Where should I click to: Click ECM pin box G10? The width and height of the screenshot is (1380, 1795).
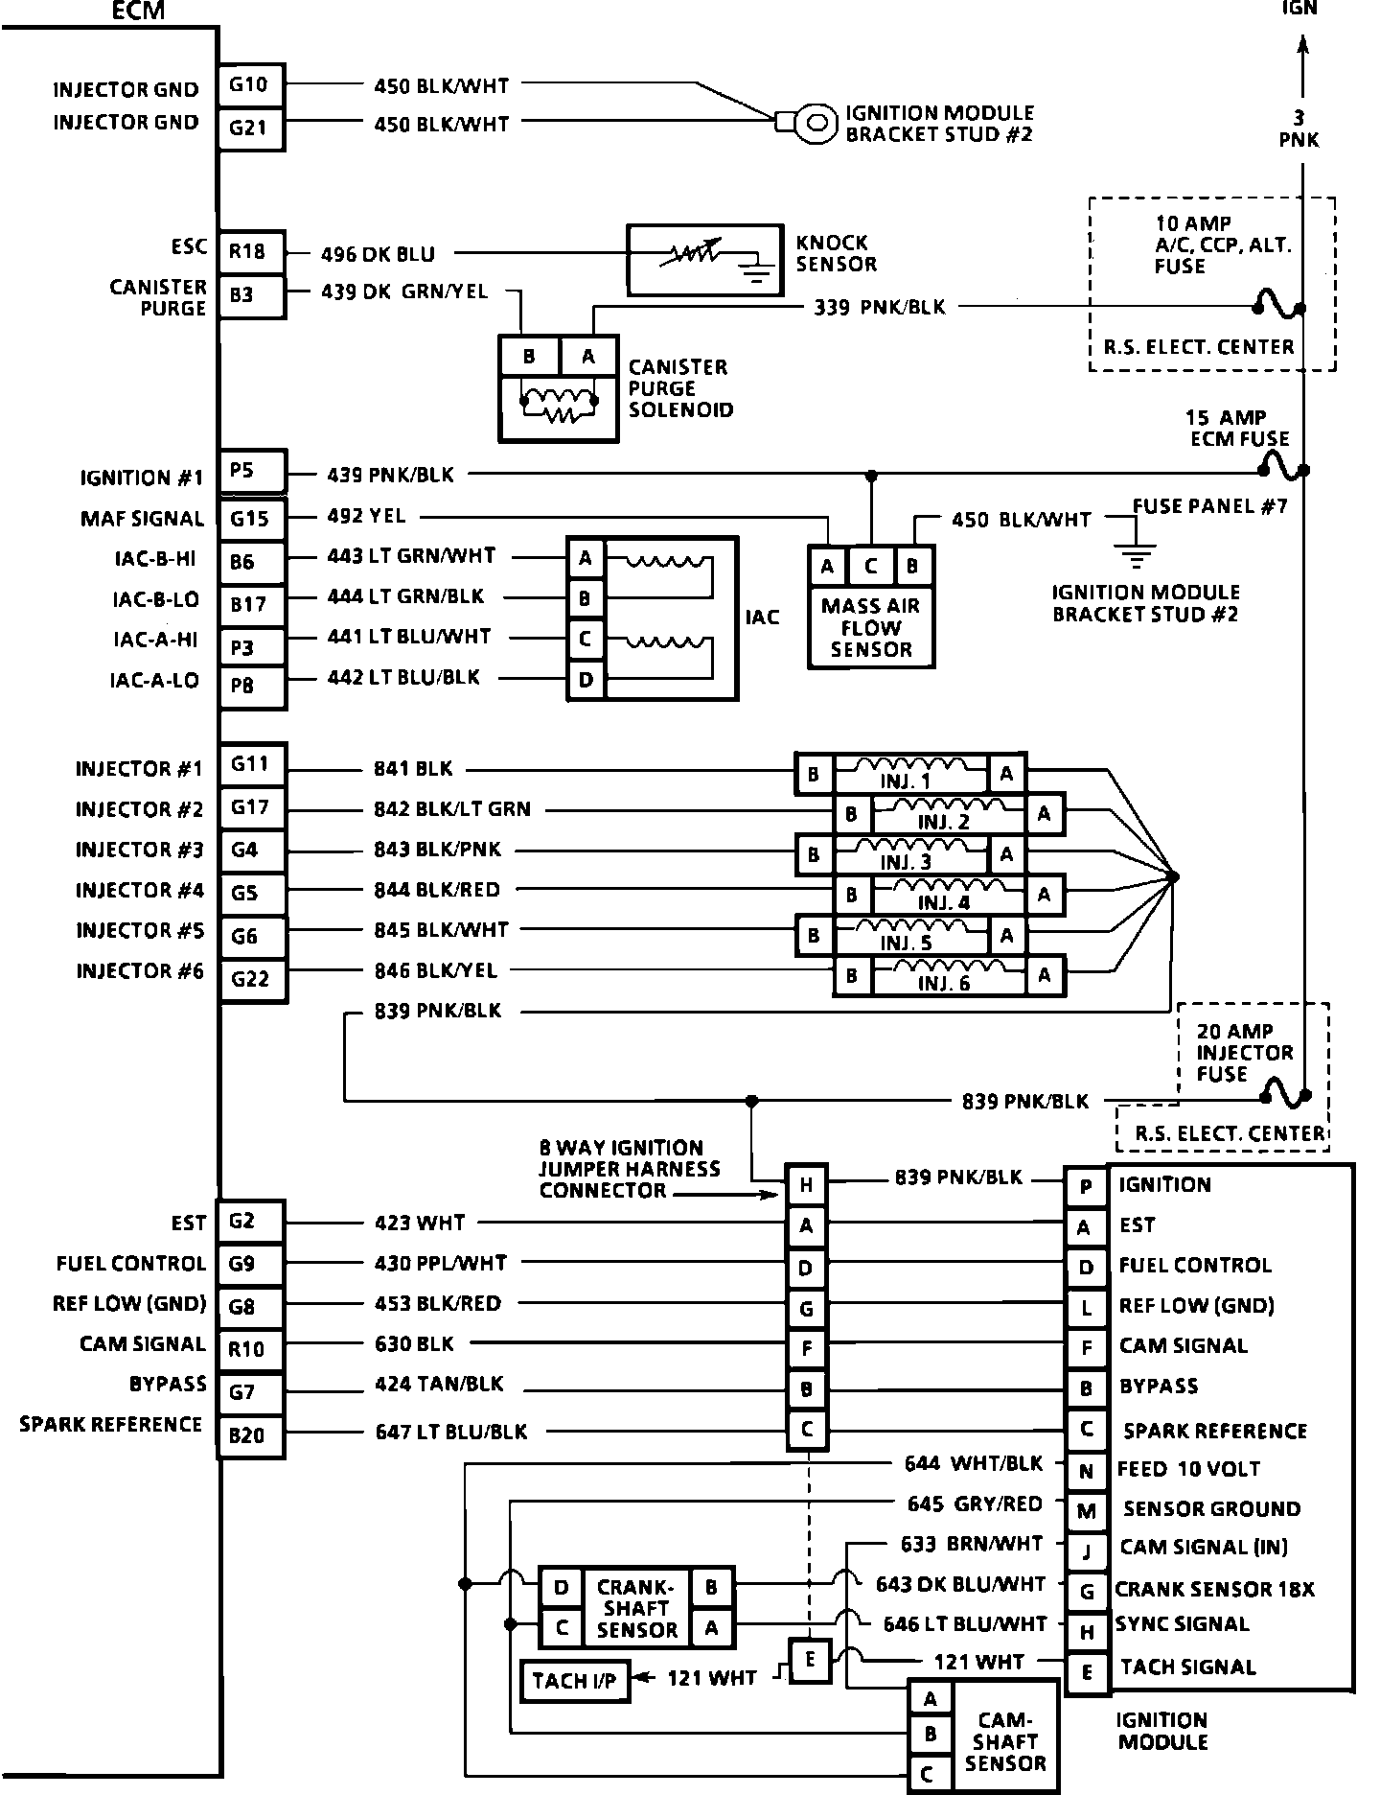click(250, 84)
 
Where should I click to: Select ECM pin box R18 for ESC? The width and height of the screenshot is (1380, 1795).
click(250, 253)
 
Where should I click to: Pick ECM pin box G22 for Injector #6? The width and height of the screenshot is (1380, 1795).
click(252, 979)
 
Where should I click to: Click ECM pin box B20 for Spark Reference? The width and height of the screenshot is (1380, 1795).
click(250, 1435)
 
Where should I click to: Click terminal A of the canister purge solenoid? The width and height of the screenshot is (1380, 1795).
click(588, 357)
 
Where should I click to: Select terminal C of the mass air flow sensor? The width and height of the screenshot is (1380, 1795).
click(870, 567)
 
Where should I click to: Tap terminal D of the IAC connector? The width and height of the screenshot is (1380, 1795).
click(586, 681)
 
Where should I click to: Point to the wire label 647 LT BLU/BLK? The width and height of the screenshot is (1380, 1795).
click(450, 1432)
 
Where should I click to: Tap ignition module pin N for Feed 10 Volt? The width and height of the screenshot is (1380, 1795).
click(1086, 1470)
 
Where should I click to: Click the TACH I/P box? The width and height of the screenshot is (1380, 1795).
click(574, 1681)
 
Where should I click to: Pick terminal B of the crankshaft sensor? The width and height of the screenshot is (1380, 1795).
click(712, 1587)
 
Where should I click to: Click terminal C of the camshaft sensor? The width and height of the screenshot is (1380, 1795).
click(929, 1775)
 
